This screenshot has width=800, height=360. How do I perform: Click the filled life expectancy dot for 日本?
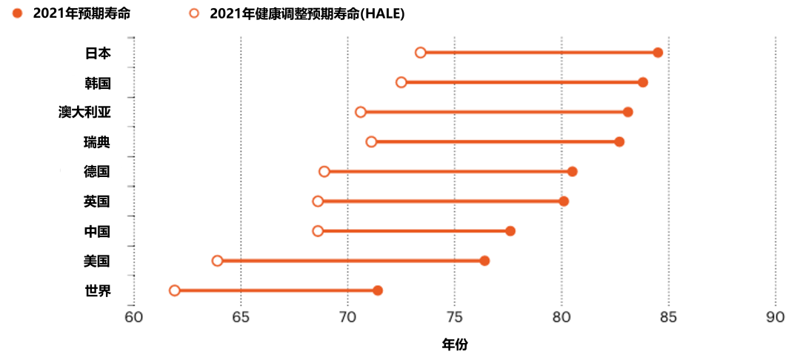pyautogui.click(x=658, y=53)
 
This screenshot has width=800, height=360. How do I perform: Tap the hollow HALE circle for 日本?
pyautogui.click(x=421, y=53)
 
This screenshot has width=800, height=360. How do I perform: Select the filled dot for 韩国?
pyautogui.click(x=643, y=83)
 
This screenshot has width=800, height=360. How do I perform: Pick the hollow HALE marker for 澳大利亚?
pyautogui.click(x=360, y=112)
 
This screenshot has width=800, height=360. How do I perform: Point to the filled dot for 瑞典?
pyautogui.click(x=619, y=141)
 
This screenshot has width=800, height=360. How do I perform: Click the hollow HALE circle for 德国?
pyautogui.click(x=324, y=171)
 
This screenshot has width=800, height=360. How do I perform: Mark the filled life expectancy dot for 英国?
pyautogui.click(x=564, y=201)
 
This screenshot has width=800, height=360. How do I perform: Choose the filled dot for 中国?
pyautogui.click(x=510, y=231)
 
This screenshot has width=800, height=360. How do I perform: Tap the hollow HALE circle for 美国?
pyautogui.click(x=217, y=261)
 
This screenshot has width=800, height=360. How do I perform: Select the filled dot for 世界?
pyautogui.click(x=378, y=290)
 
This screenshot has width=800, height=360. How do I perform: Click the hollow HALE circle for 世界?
pyautogui.click(x=175, y=290)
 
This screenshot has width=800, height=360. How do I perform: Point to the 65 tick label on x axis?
pyautogui.click(x=240, y=316)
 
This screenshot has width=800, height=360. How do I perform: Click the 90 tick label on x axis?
pyautogui.click(x=775, y=316)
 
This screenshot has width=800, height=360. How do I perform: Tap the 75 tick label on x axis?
pyautogui.click(x=454, y=316)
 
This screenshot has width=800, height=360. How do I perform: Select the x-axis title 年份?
pyautogui.click(x=455, y=345)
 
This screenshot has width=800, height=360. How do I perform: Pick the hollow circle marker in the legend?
pyautogui.click(x=194, y=14)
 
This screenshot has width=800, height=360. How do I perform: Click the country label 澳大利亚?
pyautogui.click(x=84, y=112)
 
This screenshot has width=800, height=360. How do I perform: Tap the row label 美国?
pyautogui.click(x=97, y=261)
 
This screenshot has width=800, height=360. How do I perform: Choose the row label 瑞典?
pyautogui.click(x=97, y=141)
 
